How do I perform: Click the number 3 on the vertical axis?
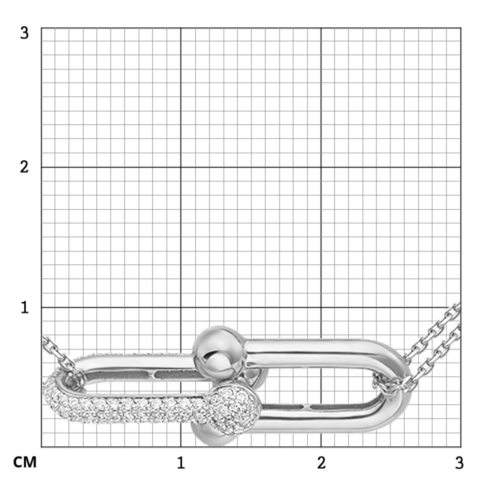click(x=24, y=32)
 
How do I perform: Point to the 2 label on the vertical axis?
click(x=24, y=167)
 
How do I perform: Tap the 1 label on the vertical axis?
click(x=24, y=307)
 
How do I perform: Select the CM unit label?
click(x=25, y=462)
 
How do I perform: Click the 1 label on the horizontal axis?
click(x=181, y=463)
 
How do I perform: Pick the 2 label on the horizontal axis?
click(x=321, y=463)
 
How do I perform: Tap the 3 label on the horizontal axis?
click(x=459, y=463)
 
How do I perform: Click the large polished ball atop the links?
click(x=219, y=349)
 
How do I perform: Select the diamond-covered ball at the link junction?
click(x=235, y=410)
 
